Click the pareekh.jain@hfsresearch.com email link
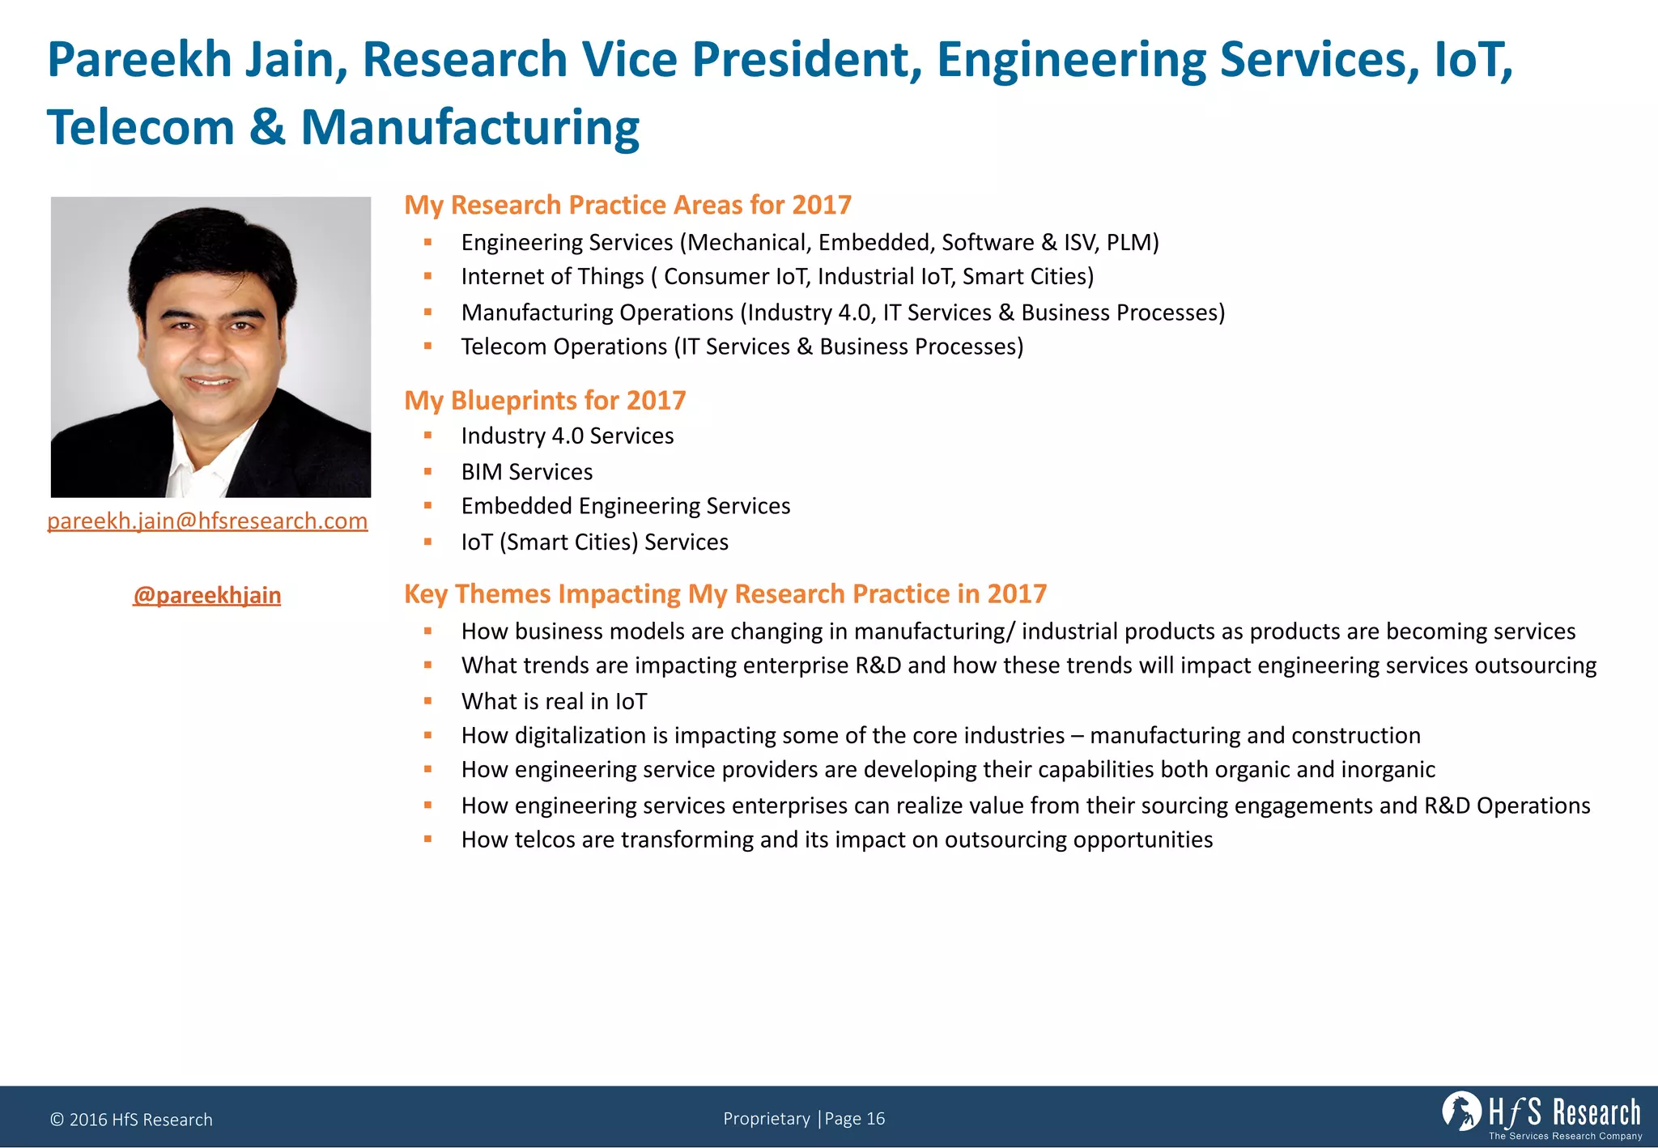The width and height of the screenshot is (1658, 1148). pos(207,521)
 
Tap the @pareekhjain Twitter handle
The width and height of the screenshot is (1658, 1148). pos(207,595)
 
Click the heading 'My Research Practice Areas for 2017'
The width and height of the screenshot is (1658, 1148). pos(627,205)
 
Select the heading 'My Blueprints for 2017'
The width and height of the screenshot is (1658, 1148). pos(545,400)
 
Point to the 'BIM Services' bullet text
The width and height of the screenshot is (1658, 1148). pos(526,471)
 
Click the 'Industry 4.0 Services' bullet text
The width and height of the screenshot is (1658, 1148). pos(567,436)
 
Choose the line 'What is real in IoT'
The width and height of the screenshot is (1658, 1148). pos(554,701)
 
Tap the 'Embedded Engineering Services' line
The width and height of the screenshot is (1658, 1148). pos(625,506)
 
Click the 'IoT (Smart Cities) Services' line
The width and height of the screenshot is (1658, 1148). pos(594,542)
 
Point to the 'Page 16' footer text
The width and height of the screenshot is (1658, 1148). pos(855,1119)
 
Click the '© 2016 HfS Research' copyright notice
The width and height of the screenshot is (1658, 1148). pos(131,1120)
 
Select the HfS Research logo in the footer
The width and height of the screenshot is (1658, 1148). pos(1541,1115)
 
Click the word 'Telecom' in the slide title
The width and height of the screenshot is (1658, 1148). pos(140,128)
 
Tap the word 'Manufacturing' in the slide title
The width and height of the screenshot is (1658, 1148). pos(470,128)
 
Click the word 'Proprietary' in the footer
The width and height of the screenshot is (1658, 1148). pos(766,1119)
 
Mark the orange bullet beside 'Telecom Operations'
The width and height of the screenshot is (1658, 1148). pos(428,346)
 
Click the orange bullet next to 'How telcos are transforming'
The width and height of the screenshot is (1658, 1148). pos(428,840)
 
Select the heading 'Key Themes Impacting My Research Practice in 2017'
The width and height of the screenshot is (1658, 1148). pos(725,593)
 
